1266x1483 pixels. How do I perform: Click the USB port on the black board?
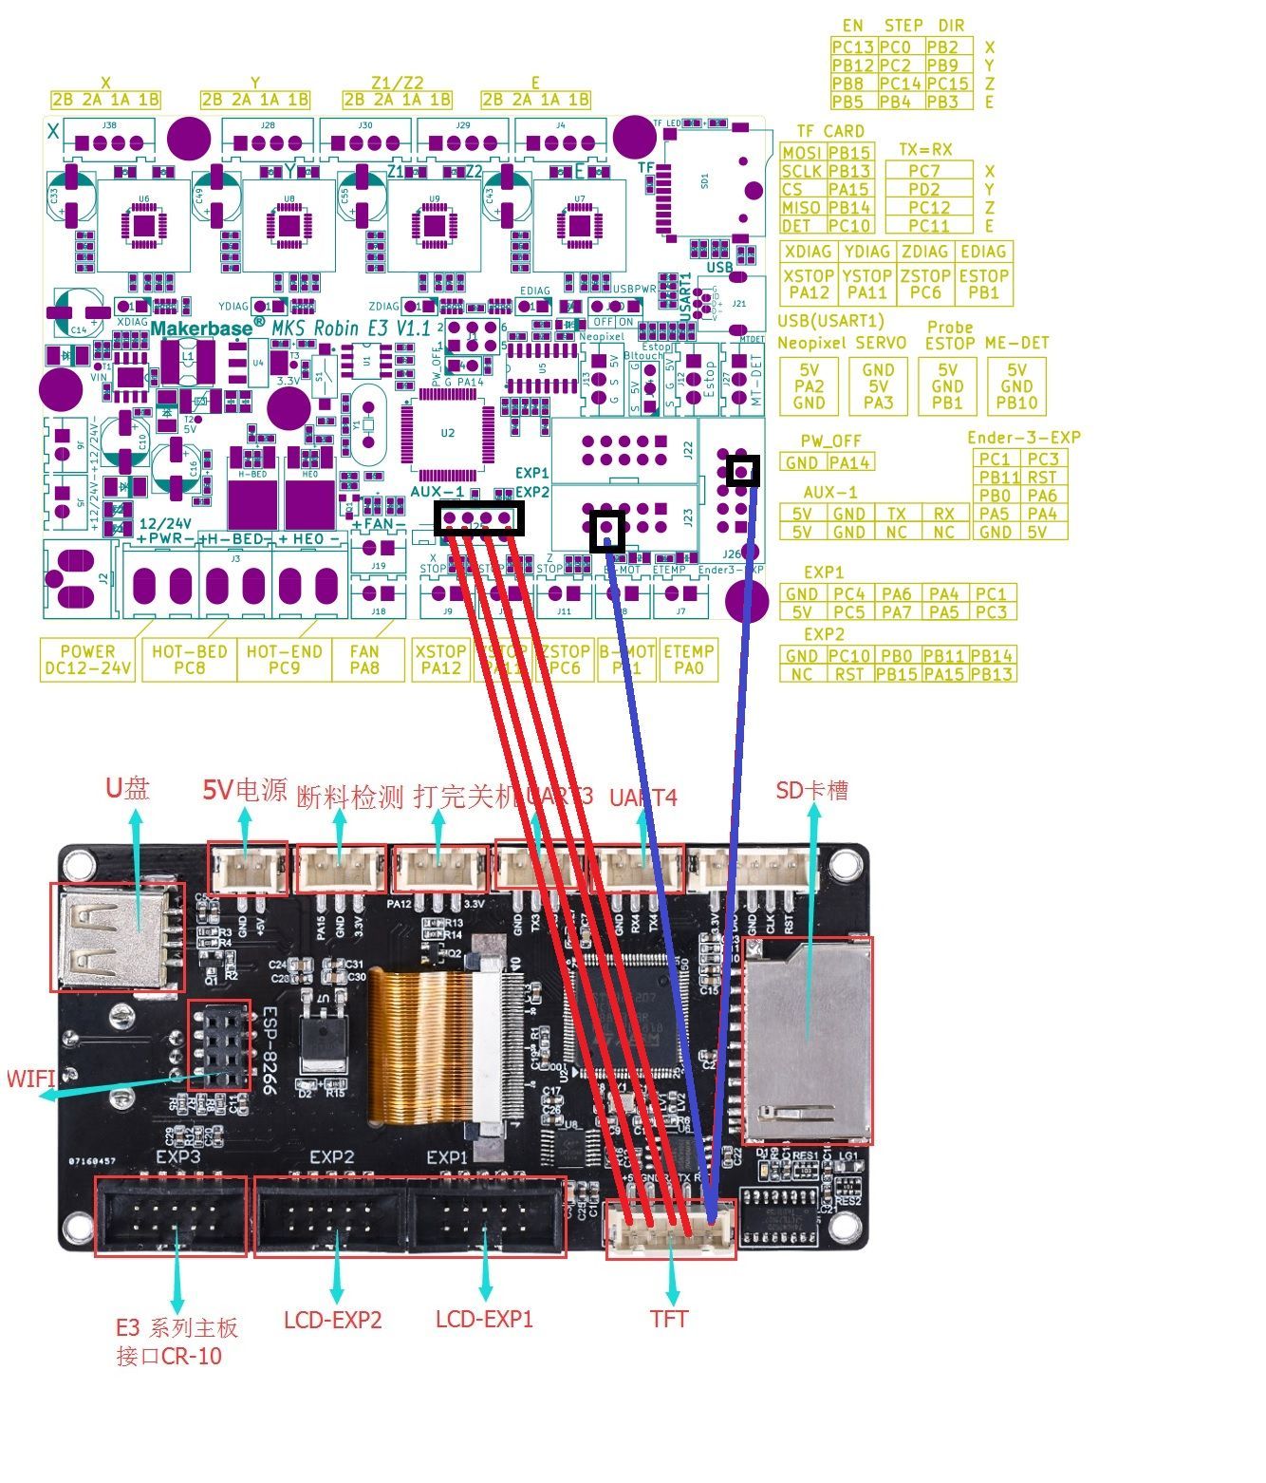click(117, 938)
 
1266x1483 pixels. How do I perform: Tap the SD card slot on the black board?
click(807, 1041)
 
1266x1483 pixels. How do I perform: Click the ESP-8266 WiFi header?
click(220, 1043)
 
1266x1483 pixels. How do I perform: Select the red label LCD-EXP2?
click(332, 1320)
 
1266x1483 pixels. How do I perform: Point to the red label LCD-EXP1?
click(484, 1320)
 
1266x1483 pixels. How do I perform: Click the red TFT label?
click(669, 1319)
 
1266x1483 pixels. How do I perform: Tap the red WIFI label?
click(30, 1079)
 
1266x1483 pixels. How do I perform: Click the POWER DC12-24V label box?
click(87, 660)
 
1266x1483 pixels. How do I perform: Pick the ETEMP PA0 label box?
click(688, 660)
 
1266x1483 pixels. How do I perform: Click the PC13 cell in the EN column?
click(852, 47)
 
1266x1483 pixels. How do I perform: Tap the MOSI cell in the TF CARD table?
click(802, 153)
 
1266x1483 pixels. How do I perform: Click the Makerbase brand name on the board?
click(202, 328)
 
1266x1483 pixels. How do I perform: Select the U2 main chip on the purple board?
click(447, 434)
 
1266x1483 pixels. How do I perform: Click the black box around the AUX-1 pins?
click(479, 518)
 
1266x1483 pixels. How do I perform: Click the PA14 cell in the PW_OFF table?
click(848, 462)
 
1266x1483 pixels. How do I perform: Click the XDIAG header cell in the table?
click(809, 252)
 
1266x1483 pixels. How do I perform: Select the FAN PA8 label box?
click(364, 660)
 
